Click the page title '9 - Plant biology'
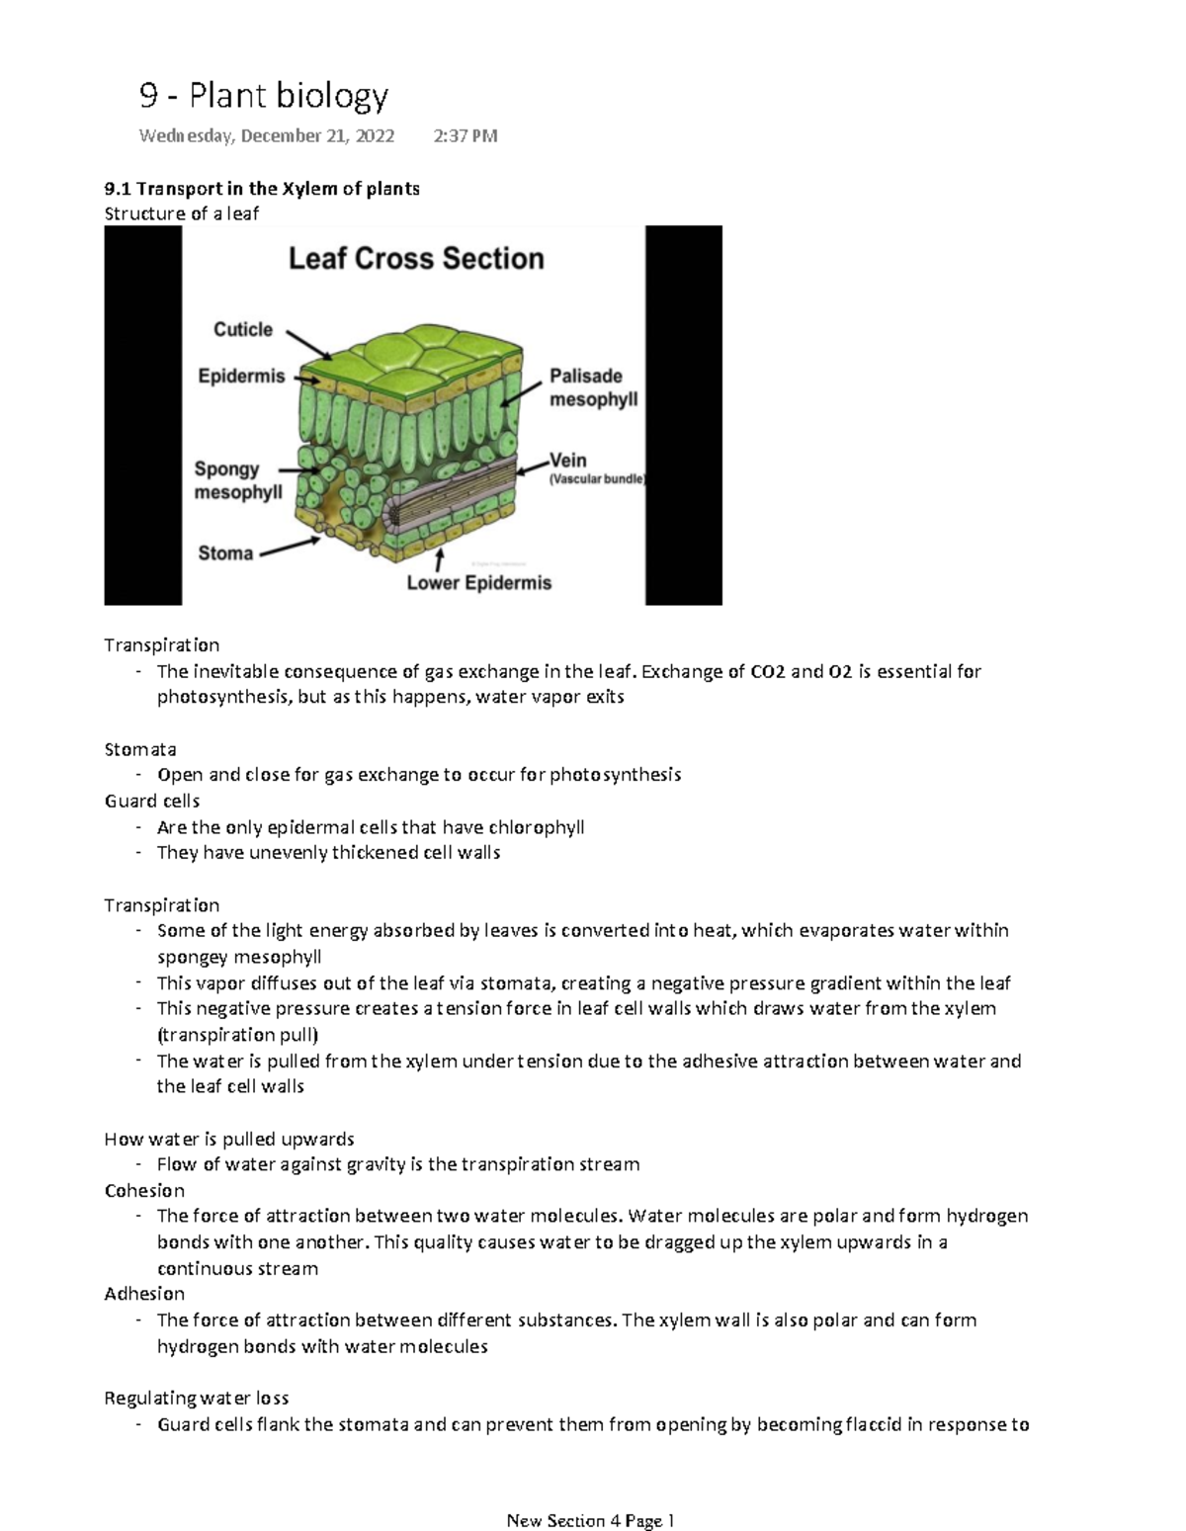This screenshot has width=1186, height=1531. [x=263, y=96]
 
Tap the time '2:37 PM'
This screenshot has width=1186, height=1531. [x=465, y=135]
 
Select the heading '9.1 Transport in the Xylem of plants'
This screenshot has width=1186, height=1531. [x=262, y=188]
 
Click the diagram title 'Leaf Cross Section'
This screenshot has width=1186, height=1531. [x=416, y=259]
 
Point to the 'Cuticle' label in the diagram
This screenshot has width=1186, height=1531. [x=243, y=330]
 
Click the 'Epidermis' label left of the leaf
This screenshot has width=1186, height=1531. [x=241, y=377]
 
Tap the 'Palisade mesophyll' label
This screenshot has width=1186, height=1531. [x=593, y=387]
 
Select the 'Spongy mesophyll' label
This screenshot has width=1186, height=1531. [x=237, y=480]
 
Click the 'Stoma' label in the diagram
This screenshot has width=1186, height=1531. [x=225, y=553]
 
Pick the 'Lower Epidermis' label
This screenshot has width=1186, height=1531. [x=479, y=583]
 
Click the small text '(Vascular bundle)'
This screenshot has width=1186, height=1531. [x=596, y=479]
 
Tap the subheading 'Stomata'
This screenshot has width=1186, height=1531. [x=140, y=749]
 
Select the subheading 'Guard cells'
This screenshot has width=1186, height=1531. [x=152, y=801]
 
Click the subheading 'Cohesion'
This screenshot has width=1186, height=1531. [x=144, y=1190]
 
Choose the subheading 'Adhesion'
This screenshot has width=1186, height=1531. [x=144, y=1294]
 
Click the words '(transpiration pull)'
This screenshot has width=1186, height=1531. [x=237, y=1035]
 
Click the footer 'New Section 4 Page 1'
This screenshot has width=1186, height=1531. [x=590, y=1520]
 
